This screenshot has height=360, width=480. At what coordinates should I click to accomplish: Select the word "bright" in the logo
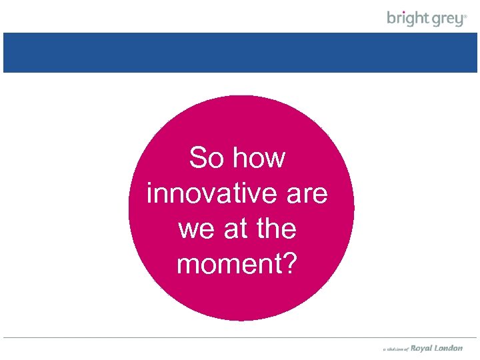[x=408, y=19]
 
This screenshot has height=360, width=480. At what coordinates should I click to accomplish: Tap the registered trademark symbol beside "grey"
[x=466, y=16]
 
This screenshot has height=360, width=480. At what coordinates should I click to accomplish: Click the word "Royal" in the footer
[x=421, y=348]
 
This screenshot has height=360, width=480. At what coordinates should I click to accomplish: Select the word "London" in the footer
[x=449, y=348]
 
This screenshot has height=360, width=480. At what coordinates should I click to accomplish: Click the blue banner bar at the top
[x=240, y=53]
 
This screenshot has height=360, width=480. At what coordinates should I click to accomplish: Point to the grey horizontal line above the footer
[x=240, y=338]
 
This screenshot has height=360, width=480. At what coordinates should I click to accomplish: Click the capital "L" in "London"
[x=437, y=348]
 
